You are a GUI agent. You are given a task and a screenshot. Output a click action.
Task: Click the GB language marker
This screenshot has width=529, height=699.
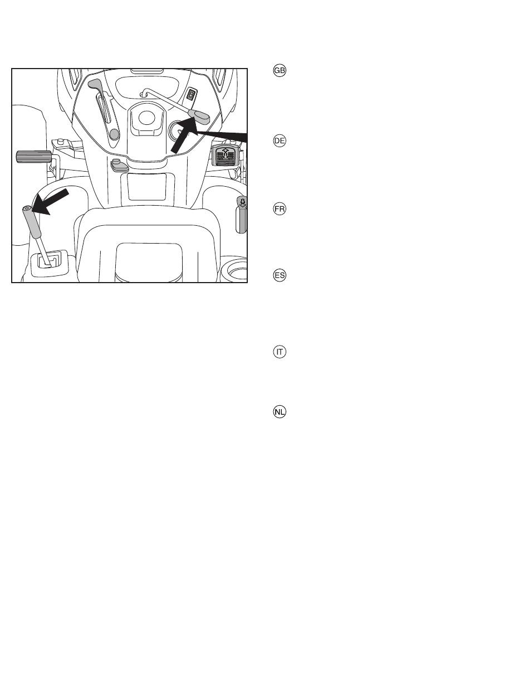(x=280, y=70)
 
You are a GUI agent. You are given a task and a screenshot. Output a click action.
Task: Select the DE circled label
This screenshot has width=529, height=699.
(x=280, y=141)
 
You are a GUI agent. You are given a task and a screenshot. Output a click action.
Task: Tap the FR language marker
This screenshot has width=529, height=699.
(x=280, y=209)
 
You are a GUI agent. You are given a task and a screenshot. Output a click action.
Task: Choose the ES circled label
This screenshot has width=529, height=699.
(x=280, y=275)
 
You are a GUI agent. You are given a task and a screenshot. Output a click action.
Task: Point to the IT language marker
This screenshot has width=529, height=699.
(x=280, y=352)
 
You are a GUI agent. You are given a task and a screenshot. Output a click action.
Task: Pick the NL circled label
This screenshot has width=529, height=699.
(x=280, y=412)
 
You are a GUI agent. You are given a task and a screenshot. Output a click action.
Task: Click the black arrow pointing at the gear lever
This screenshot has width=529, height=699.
(x=50, y=202)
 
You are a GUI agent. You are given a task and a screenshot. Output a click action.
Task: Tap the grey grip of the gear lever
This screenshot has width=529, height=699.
(x=31, y=222)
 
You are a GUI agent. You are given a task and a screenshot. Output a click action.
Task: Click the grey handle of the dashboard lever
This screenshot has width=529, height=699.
(x=199, y=116)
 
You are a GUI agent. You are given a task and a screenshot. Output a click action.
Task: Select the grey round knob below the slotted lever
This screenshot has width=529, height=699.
(x=114, y=134)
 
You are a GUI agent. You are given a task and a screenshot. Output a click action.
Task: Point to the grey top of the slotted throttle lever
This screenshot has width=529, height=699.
(x=94, y=84)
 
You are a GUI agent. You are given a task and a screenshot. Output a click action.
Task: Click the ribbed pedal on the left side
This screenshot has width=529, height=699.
(x=33, y=157)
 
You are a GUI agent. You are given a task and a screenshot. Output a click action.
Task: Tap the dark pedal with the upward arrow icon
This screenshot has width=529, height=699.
(x=226, y=155)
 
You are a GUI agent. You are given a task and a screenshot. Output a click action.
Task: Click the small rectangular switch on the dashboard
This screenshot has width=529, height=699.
(x=191, y=95)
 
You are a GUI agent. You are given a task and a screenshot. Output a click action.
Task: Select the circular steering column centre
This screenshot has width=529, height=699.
(x=146, y=118)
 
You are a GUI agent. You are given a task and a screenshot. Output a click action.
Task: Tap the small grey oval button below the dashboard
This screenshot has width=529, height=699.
(x=118, y=166)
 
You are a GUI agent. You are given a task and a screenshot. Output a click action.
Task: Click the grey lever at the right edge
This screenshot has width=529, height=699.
(x=242, y=215)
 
